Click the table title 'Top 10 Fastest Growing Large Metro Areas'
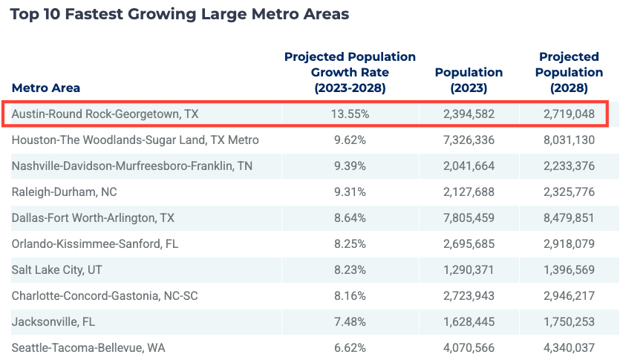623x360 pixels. pyautogui.click(x=179, y=15)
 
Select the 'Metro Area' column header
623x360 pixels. pyautogui.click(x=46, y=88)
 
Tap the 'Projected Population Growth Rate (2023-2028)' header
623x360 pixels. pyautogui.click(x=350, y=73)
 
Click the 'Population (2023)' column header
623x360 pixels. pyautogui.click(x=469, y=80)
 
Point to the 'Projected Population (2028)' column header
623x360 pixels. pyautogui.click(x=569, y=73)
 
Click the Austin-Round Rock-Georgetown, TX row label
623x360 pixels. pyautogui.click(x=105, y=114)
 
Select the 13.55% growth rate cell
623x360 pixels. pyautogui.click(x=350, y=114)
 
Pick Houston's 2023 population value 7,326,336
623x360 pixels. pyautogui.click(x=469, y=140)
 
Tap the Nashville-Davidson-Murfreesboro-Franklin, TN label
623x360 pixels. pyautogui.click(x=132, y=166)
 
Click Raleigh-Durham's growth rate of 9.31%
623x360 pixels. pyautogui.click(x=350, y=192)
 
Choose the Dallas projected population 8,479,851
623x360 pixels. pyautogui.click(x=569, y=218)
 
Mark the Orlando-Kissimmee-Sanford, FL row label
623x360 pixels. pyautogui.click(x=95, y=244)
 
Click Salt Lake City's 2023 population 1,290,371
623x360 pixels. pyautogui.click(x=469, y=270)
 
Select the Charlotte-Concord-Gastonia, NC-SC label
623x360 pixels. pyautogui.click(x=105, y=296)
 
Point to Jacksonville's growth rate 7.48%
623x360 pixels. pyautogui.click(x=350, y=322)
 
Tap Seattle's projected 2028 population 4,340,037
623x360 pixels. pyautogui.click(x=569, y=347)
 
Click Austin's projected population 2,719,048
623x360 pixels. pyautogui.click(x=569, y=114)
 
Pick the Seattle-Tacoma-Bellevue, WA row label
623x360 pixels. pyautogui.click(x=88, y=347)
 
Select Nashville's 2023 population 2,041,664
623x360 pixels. pyautogui.click(x=469, y=166)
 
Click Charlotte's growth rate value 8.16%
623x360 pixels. pyautogui.click(x=350, y=296)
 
